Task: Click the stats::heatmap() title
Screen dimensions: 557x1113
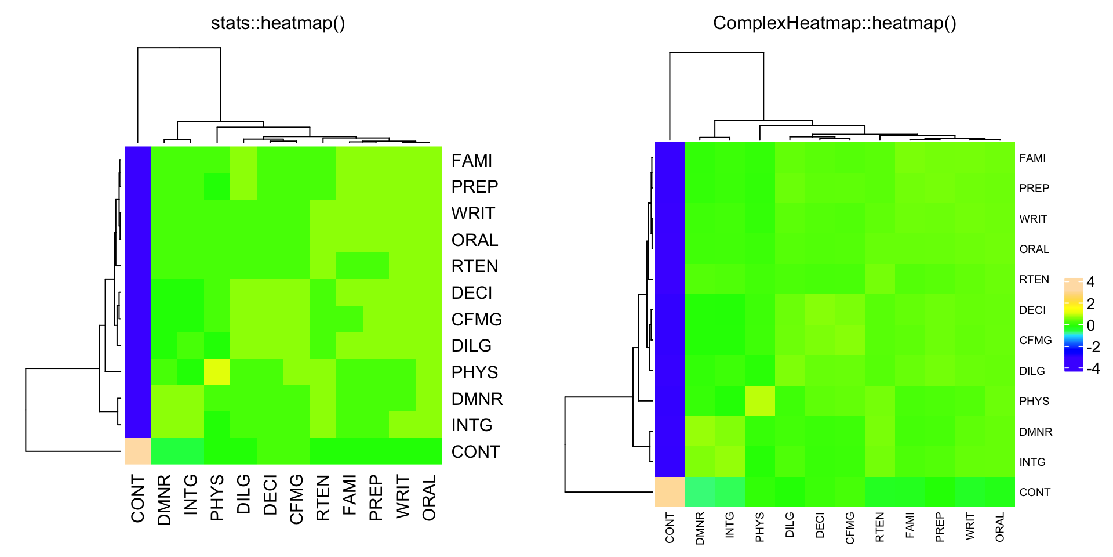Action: coord(278,23)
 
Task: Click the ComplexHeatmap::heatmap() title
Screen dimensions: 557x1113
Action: coord(834,23)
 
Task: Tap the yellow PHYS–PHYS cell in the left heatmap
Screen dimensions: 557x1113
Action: coord(217,372)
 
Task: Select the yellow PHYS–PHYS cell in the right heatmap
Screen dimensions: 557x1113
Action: coord(759,401)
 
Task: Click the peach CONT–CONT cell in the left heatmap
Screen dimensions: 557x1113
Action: coord(137,451)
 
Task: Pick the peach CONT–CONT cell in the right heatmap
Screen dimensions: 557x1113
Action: coord(670,492)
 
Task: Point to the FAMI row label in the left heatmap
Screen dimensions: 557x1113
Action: coord(471,161)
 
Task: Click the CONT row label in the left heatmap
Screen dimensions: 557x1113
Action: coord(475,452)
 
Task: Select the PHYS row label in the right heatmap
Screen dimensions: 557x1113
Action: coord(1034,402)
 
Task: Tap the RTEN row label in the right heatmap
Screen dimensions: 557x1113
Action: coord(1034,280)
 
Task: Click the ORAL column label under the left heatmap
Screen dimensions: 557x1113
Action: coord(429,498)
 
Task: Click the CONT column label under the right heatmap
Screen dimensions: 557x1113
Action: coord(670,527)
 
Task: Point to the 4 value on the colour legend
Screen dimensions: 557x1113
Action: coord(1090,283)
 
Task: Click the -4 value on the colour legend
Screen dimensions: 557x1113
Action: coord(1093,368)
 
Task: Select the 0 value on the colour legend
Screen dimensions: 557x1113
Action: coord(1090,325)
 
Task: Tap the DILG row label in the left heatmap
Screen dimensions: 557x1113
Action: coord(471,346)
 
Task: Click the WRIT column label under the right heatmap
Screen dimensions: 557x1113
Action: coord(970,527)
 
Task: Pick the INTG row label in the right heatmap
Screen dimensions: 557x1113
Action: coord(1032,462)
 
